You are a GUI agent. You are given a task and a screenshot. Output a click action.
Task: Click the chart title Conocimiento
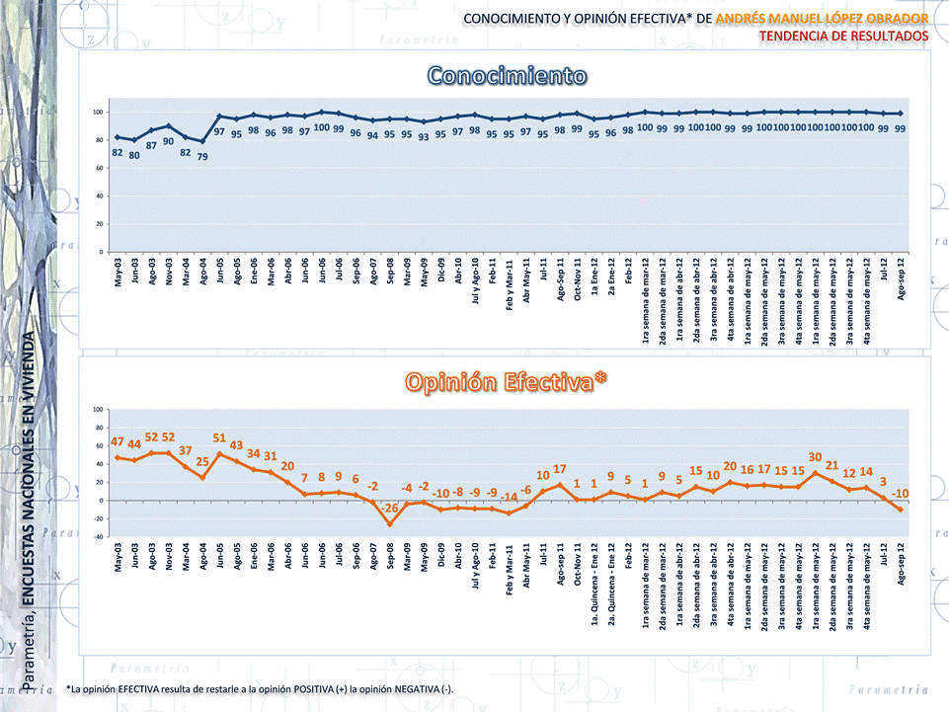pyautogui.click(x=508, y=76)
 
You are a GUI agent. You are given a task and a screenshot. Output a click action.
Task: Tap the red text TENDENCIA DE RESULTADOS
pyautogui.click(x=844, y=36)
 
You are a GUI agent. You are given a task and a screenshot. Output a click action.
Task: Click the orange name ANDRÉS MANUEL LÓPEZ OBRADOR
pyautogui.click(x=822, y=19)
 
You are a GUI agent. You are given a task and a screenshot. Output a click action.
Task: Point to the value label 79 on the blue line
pyautogui.click(x=202, y=156)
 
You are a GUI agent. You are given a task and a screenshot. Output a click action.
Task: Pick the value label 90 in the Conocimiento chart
pyautogui.click(x=169, y=141)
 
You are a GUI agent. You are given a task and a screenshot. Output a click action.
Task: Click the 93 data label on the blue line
pyautogui.click(x=424, y=137)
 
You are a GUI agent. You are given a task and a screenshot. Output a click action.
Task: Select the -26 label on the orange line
pyautogui.click(x=390, y=509)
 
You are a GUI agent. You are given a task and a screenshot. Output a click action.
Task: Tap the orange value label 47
pyautogui.click(x=118, y=441)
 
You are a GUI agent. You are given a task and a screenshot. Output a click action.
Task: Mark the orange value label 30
pyautogui.click(x=815, y=457)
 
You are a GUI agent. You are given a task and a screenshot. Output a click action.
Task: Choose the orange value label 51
pyautogui.click(x=220, y=437)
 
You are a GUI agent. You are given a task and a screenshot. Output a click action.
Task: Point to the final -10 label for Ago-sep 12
pyautogui.click(x=900, y=493)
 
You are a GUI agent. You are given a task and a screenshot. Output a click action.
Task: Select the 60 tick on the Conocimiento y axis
pyautogui.click(x=99, y=168)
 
